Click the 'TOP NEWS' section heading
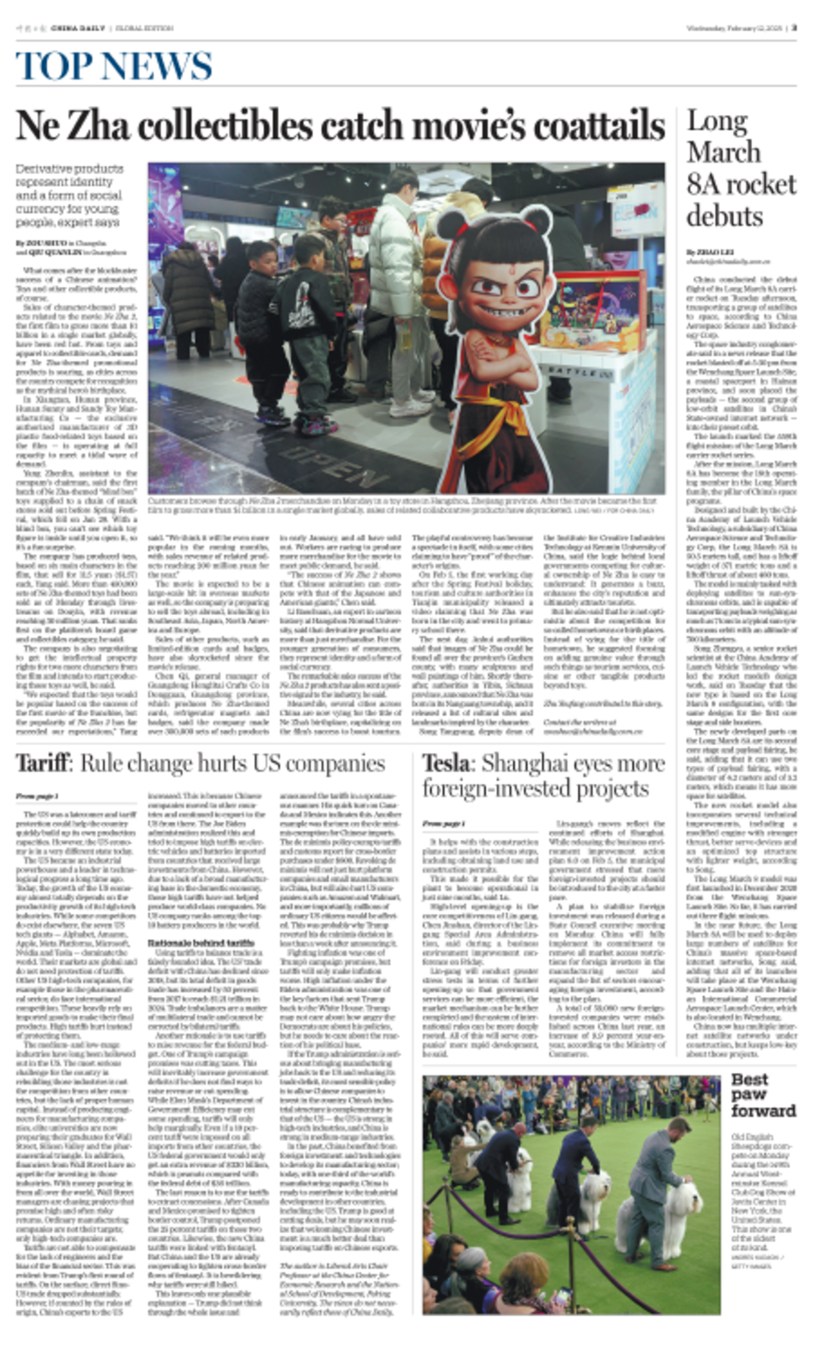(x=114, y=66)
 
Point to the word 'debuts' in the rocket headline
(x=724, y=216)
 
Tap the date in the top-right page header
(x=734, y=28)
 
